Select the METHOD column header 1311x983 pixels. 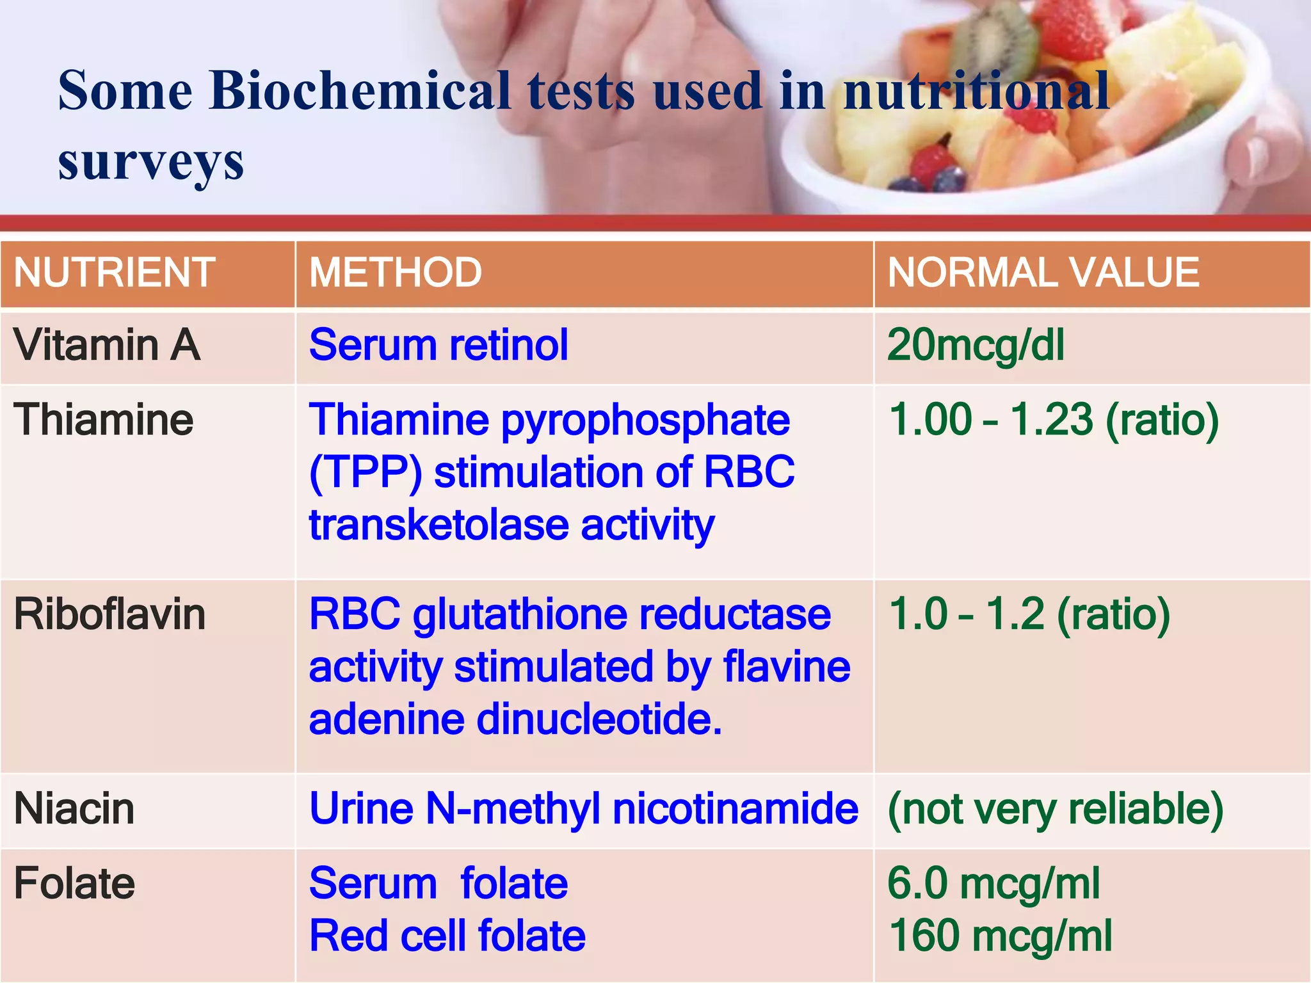pyautogui.click(x=395, y=273)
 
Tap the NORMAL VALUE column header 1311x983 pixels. pyautogui.click(x=1043, y=273)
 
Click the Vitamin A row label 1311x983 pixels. pyautogui.click(x=107, y=346)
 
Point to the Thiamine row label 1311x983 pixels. pyautogui.click(x=103, y=420)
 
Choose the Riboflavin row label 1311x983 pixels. pyautogui.click(x=109, y=615)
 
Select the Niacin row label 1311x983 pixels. pyautogui.click(x=74, y=809)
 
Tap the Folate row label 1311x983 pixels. pyautogui.click(x=74, y=884)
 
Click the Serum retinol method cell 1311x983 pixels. pyautogui.click(x=438, y=346)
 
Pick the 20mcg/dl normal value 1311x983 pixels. pyautogui.click(x=976, y=346)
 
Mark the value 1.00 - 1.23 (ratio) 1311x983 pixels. pyautogui.click(x=1054, y=420)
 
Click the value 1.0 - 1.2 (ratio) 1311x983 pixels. pyautogui.click(x=1029, y=615)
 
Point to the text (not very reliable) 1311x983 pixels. pyautogui.click(x=1055, y=809)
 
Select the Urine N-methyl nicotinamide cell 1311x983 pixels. pyautogui.click(x=583, y=809)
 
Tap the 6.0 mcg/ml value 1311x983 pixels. pyautogui.click(x=993, y=884)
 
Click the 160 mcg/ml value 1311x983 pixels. pyautogui.click(x=1001, y=936)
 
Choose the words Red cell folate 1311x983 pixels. pyautogui.click(x=447, y=936)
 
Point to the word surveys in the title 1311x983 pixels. pyautogui.click(x=151, y=161)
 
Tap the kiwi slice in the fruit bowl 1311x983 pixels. pyautogui.click(x=999, y=38)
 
